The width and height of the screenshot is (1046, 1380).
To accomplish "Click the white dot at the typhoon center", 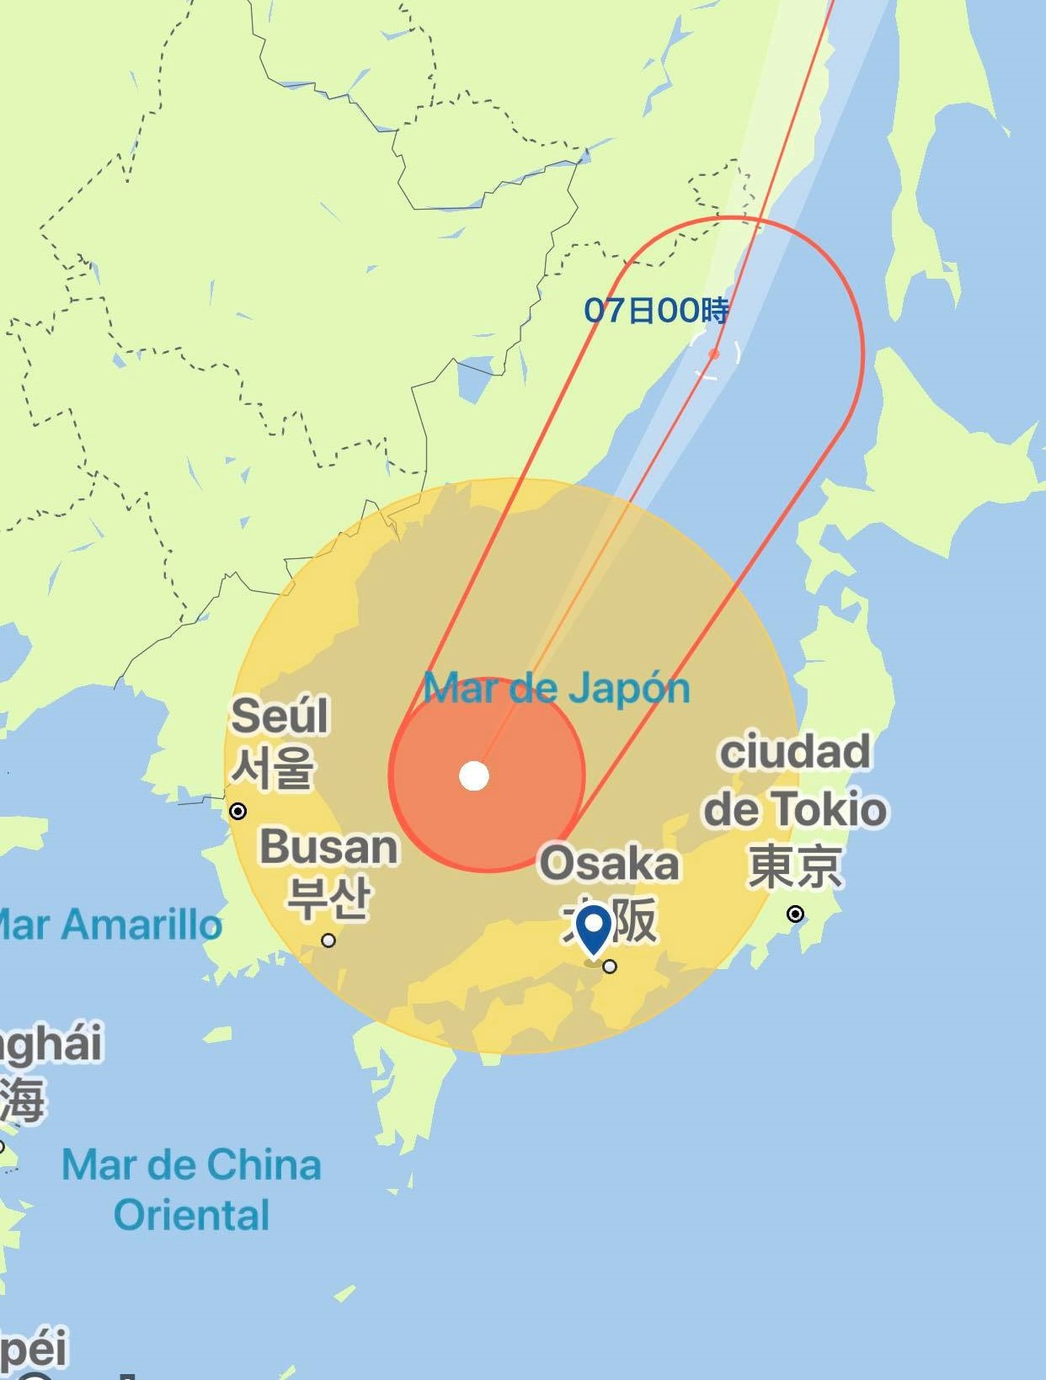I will tap(474, 775).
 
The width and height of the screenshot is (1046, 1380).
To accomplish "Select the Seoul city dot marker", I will tap(238, 811).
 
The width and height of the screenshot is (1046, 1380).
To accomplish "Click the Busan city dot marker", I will tap(328, 940).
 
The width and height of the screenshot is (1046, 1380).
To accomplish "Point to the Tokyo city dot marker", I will tap(795, 914).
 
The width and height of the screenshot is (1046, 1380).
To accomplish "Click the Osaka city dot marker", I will tap(610, 967).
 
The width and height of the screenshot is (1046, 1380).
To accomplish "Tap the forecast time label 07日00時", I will tap(657, 311).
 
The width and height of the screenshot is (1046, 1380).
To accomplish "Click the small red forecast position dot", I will tap(714, 354).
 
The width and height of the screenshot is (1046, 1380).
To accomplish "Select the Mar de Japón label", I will tap(556, 688).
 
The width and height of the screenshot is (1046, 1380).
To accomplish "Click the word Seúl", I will tap(280, 716).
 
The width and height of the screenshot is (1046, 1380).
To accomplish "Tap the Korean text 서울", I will tap(273, 767).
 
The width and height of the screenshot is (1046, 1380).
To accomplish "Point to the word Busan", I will tap(328, 846).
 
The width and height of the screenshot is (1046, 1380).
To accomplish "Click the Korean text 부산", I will tap(328, 897).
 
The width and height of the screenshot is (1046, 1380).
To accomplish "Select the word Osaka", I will tap(609, 863).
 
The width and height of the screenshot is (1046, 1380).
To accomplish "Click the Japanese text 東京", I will tap(795, 866).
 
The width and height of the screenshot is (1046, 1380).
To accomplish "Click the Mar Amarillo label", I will tap(109, 924).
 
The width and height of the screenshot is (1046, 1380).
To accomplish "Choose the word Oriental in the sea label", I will tap(192, 1215).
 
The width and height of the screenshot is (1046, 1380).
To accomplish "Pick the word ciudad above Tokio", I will tap(795, 751).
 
